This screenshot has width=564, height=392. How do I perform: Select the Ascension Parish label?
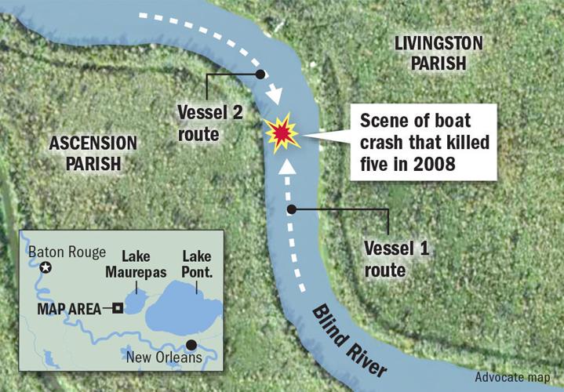pyautogui.click(x=93, y=153)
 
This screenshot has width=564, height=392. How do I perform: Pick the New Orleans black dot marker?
pyautogui.click(x=192, y=345)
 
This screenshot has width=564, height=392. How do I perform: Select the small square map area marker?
pyautogui.click(x=117, y=308)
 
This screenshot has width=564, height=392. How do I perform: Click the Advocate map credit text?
pyautogui.click(x=512, y=377)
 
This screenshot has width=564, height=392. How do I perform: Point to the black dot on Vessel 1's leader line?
pyautogui.click(x=292, y=209)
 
